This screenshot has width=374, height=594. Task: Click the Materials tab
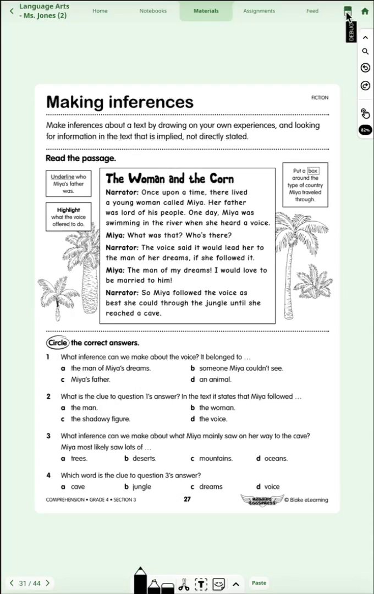tap(206, 11)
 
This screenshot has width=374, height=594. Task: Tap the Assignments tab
tap(259, 11)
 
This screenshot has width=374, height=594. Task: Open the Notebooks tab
tap(153, 11)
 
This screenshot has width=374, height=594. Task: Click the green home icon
tap(365, 11)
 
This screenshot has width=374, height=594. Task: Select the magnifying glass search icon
tap(365, 52)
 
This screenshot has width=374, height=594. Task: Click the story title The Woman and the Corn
tap(169, 179)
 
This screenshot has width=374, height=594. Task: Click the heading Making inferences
tap(120, 102)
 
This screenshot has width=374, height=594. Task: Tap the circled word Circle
tap(57, 343)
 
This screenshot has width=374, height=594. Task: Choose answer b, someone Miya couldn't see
tap(240, 369)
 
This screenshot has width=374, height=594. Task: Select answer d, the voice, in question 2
tap(212, 419)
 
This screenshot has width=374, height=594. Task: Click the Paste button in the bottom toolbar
tap(259, 582)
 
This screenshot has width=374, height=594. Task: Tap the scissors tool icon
tap(184, 584)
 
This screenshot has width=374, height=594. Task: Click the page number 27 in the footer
tap(187, 499)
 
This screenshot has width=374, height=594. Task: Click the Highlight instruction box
tap(68, 217)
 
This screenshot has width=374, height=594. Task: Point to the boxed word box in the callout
tap(313, 171)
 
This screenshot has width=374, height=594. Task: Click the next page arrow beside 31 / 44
tap(47, 583)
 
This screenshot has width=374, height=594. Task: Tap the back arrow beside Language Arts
tap(12, 11)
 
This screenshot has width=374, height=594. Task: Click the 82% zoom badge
tap(365, 130)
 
